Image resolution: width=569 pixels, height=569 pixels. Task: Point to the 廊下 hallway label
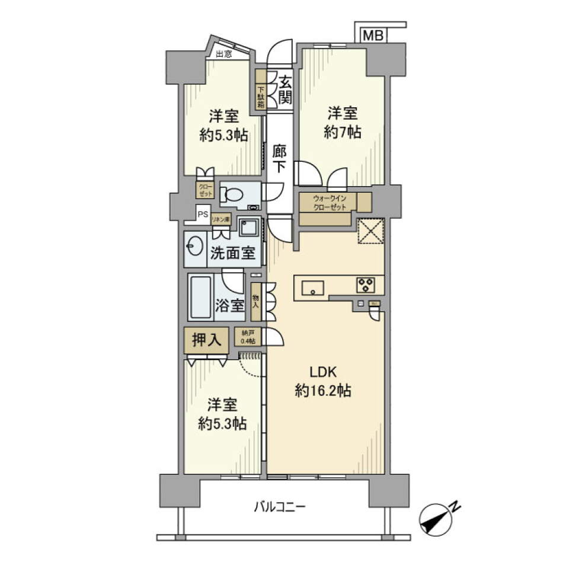tap(280, 158)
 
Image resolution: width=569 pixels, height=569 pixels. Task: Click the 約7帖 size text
tap(342, 133)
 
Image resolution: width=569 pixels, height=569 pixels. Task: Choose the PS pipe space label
tap(203, 215)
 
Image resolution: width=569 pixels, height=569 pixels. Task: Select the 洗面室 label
tap(232, 253)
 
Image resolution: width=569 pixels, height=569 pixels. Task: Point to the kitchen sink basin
tap(313, 288)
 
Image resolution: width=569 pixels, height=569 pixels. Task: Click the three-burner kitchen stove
tap(365, 284)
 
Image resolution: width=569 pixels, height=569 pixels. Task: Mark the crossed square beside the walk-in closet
tap(372, 232)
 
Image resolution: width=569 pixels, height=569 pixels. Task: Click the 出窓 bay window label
tap(223, 55)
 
